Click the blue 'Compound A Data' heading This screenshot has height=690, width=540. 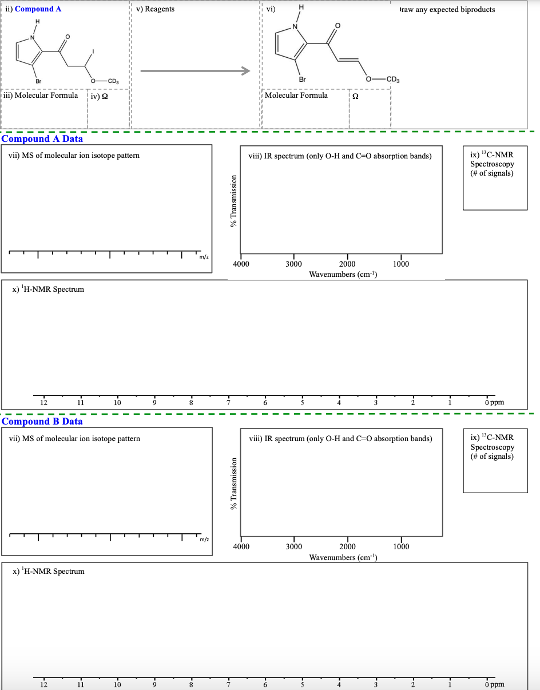click(x=42, y=139)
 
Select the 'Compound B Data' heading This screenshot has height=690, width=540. click(x=42, y=422)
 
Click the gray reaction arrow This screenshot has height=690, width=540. click(x=195, y=70)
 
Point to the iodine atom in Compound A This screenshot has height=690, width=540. click(x=94, y=53)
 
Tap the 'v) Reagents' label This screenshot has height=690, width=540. click(x=156, y=9)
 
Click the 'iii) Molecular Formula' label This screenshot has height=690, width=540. click(x=41, y=95)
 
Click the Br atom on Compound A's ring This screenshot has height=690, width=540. click(x=38, y=80)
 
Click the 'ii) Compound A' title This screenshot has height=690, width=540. click(x=35, y=9)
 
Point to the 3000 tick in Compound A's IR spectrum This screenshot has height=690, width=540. click(x=294, y=264)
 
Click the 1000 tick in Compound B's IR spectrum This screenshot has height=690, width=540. click(x=401, y=546)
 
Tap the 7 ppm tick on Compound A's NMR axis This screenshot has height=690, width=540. click(x=228, y=403)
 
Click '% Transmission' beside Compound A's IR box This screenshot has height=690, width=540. click(x=233, y=200)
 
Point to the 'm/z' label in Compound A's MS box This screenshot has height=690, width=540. click(x=204, y=257)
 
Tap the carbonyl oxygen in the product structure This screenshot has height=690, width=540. click(x=337, y=26)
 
